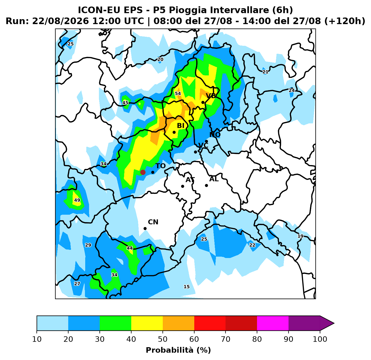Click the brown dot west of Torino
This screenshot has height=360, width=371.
coord(143,172)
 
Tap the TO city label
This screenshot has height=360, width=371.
coord(161,166)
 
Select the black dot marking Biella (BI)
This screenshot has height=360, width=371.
coord(174,132)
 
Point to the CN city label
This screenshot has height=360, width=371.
coord(153,222)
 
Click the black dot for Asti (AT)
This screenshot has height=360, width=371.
coord(182,186)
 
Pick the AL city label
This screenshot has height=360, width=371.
coord(214,179)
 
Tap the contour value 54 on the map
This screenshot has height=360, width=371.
coord(178,93)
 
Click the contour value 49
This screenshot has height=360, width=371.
coord(77,200)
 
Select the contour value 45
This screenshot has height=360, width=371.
coord(125,103)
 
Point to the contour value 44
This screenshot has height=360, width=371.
coord(130,248)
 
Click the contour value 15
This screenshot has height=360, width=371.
coord(187,287)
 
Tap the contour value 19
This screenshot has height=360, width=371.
coord(301,236)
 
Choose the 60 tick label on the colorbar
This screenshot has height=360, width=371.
coord(194,339)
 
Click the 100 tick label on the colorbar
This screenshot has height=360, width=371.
coord(320,339)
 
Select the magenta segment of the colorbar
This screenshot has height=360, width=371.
coord(273,323)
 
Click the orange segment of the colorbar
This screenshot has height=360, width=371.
coord(178,323)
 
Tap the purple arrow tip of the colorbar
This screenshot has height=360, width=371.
coord(334,323)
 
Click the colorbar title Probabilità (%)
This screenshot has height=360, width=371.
coord(178,350)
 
